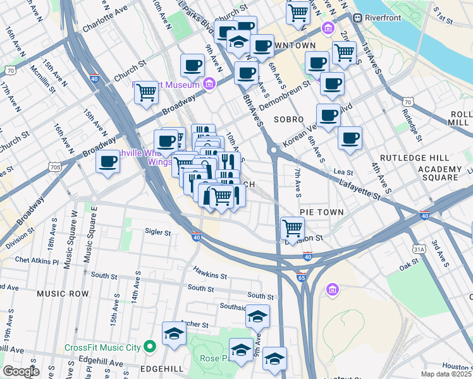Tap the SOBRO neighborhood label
coord(288,119)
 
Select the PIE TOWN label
coord(321,213)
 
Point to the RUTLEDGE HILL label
coord(414,157)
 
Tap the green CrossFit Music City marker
coord(150,347)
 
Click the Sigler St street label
coord(158,232)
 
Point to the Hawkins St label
coord(210,275)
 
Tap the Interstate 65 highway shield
coord(302,277)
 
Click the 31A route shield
coord(418,250)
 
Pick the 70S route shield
coord(55,167)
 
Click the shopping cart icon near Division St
coord(292,227)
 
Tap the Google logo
coord(21,371)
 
